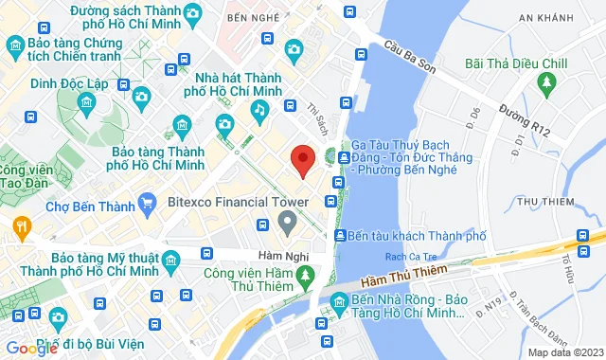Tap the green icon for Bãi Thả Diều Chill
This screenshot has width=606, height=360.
click(544, 85)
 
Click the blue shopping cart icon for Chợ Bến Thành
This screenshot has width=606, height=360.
click(146, 202)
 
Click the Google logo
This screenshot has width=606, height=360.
click(31, 348)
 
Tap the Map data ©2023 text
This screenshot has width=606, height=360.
click(564, 352)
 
